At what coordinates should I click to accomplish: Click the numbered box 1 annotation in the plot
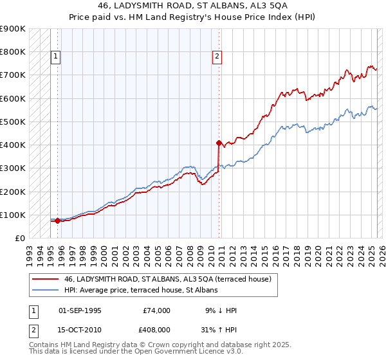point(56,57)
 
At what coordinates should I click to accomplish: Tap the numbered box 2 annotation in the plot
point(217,57)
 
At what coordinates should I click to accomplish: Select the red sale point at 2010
point(219,143)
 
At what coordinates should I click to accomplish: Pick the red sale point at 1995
point(58,221)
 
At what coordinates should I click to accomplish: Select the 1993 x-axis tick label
point(30,251)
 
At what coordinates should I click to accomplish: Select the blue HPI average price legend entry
point(141,291)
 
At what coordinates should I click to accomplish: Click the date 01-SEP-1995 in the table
point(80,310)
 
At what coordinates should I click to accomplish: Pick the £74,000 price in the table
point(157,310)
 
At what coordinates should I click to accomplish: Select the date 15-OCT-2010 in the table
point(80,330)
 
